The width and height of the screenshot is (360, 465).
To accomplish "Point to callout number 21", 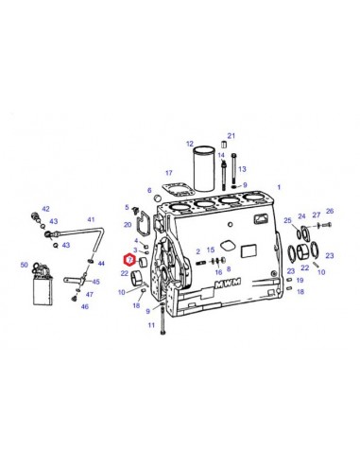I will coord(231,135).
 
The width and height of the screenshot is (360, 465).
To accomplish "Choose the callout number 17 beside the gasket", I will coord(168,173).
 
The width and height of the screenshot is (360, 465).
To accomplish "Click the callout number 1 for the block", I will coord(279,188).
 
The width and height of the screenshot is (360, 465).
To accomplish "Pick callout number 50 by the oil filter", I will coord(25,267).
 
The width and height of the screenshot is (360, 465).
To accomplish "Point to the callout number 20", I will coord(128,224).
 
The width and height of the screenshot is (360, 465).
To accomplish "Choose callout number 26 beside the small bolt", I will coord(330,212).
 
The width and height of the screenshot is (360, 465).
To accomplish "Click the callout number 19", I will coord(300,281).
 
